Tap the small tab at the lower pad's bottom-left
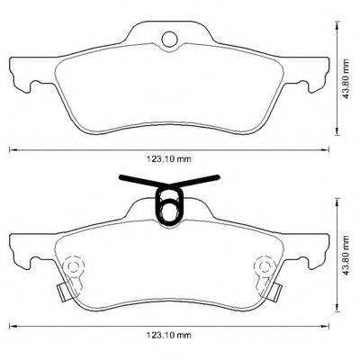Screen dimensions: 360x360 (x=62, y=292)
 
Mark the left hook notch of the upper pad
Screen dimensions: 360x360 (x=32, y=85)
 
